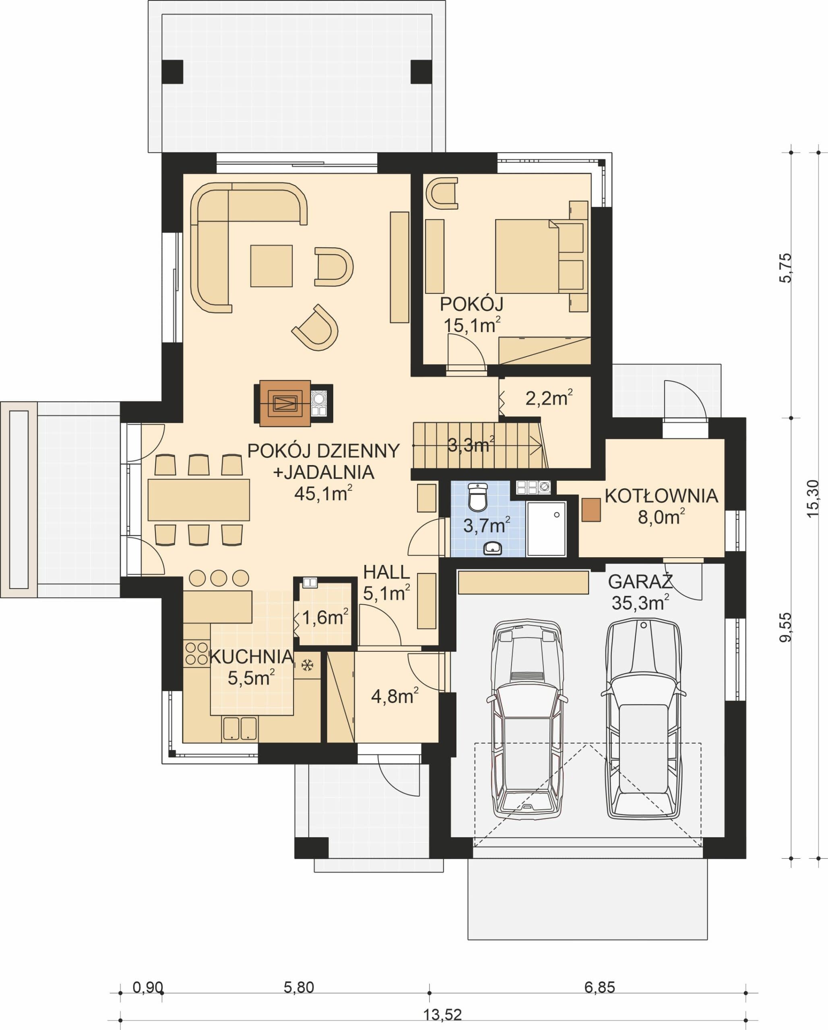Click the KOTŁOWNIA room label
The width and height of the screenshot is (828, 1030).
pos(661,496)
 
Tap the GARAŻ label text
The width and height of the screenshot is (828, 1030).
pos(640,581)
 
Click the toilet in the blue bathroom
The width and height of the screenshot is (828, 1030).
pos(477,497)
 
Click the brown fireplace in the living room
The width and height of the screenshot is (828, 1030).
pos(285,403)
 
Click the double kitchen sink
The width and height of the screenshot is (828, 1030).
pos(240,729)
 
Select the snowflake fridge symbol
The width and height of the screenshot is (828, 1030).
pos(307,665)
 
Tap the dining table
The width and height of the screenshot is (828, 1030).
pos(198,500)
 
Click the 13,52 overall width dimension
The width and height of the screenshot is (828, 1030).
pos(443,1019)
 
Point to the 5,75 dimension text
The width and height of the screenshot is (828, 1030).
pos(785,268)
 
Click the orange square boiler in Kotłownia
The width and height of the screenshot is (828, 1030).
pos(591,510)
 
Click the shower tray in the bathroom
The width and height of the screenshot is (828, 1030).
pos(546,528)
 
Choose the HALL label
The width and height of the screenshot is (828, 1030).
pos(386,572)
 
